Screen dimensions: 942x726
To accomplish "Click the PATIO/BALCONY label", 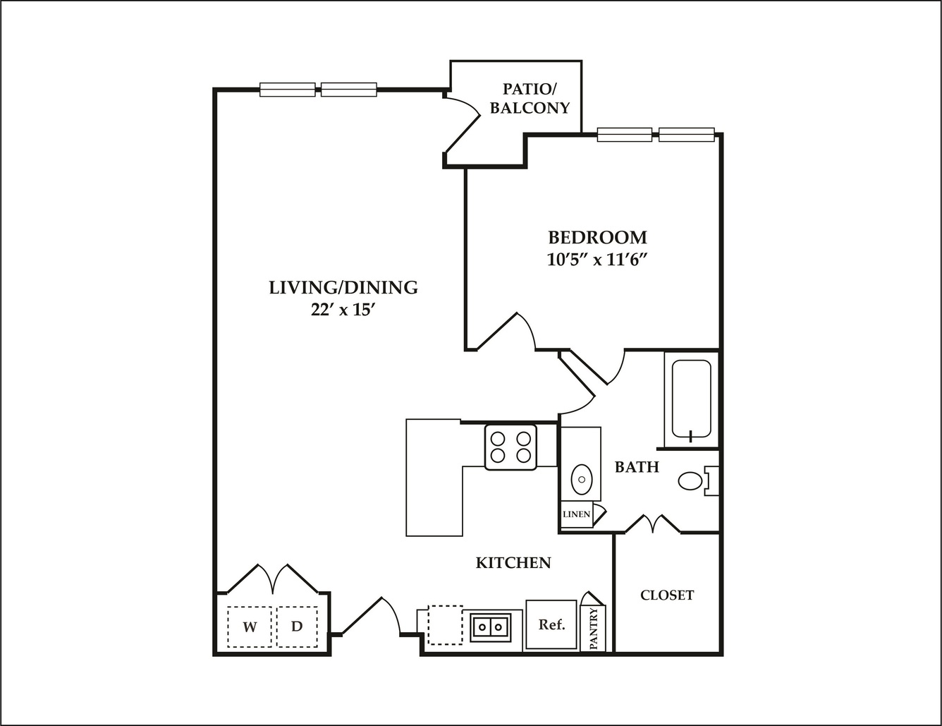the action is tap(530, 99).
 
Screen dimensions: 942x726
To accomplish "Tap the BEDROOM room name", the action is tap(598, 238).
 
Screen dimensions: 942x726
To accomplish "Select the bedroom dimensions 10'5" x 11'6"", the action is tap(598, 260).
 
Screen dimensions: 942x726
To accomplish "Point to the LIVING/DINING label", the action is tap(343, 288).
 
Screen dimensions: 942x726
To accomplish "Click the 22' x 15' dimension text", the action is tap(343, 310).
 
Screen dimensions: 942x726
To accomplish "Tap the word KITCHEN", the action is tap(513, 563).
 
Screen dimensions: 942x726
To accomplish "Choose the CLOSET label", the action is tap(667, 595).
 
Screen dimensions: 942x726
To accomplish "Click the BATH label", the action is tap(637, 466).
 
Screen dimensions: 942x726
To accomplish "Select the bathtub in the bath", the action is tap(691, 399).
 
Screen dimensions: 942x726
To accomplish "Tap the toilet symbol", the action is tap(698, 481).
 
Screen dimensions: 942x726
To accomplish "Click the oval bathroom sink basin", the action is tap(581, 479).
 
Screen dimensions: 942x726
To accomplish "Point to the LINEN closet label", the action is tap(576, 514).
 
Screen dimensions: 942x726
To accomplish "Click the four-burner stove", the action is tap(510, 447).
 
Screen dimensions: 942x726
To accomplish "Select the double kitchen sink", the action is tap(491, 627).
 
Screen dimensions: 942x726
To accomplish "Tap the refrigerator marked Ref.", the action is tap(551, 624).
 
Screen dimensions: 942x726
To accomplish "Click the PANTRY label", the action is tap(594, 628).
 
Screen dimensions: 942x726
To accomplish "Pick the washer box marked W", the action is tap(250, 627).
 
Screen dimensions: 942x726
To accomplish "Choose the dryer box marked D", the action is tap(297, 627).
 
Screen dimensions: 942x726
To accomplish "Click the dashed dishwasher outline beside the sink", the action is tap(445, 625).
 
